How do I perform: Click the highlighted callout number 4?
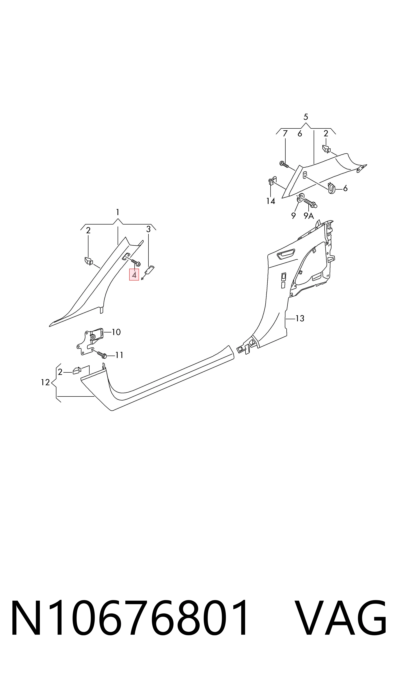click(134, 275)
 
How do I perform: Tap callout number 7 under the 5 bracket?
click(285, 133)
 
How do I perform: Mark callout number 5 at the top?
click(306, 117)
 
